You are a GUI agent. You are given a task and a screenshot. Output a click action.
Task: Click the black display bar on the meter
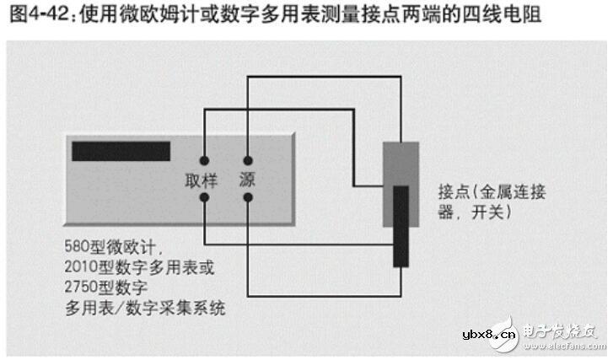pyautogui.click(x=121, y=151)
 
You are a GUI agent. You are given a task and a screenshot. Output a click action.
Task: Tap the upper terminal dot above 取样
pyautogui.click(x=204, y=161)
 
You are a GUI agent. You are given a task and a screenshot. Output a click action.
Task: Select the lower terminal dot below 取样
pyautogui.click(x=204, y=198)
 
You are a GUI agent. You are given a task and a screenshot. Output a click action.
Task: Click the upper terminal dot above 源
pyautogui.click(x=248, y=161)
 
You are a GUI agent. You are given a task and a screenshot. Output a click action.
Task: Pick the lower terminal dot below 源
pyautogui.click(x=248, y=198)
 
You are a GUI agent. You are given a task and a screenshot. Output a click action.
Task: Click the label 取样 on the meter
pyautogui.click(x=202, y=180)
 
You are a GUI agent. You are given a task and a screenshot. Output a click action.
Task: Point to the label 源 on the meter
pyautogui.click(x=247, y=180)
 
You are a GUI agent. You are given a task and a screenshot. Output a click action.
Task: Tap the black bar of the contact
pyautogui.click(x=401, y=227)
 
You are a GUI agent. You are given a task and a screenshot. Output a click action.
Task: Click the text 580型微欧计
pyautogui.click(x=110, y=247)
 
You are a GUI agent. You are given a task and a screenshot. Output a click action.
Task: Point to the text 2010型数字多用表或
pyautogui.click(x=140, y=267)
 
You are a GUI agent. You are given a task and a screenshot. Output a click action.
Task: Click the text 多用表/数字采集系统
pyautogui.click(x=145, y=308)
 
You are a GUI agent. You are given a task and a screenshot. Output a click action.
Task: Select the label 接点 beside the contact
pyautogui.click(x=454, y=192)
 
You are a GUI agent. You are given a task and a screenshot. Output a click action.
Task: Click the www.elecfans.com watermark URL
pyautogui.click(x=565, y=346)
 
